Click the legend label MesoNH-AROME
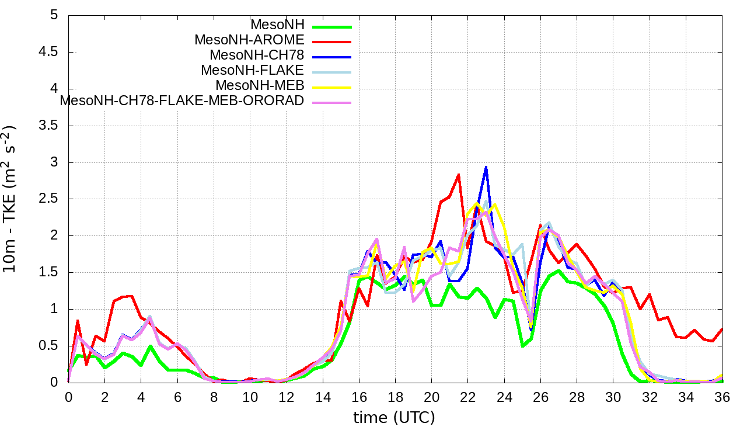click(x=249, y=40)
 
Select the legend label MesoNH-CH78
click(x=257, y=56)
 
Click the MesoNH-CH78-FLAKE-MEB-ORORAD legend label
click(x=182, y=100)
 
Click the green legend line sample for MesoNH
click(x=332, y=26)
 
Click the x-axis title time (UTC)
click(x=394, y=418)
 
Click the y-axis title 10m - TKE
click(x=10, y=199)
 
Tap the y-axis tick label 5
click(x=54, y=15)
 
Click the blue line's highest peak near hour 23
click(x=486, y=167)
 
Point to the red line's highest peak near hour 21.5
click(x=459, y=174)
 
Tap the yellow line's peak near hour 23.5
click(x=495, y=204)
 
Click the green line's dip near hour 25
click(x=522, y=346)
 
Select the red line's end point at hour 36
click(x=722, y=329)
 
